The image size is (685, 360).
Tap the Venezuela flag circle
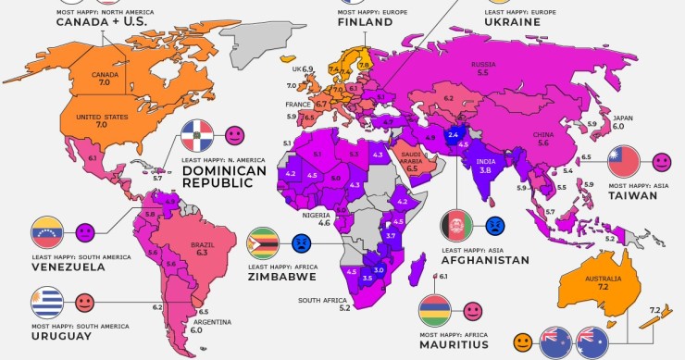(x=47, y=231)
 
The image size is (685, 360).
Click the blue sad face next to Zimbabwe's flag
(x=302, y=243)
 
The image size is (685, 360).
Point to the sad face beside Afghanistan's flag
(x=494, y=225)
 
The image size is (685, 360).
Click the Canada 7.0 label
(x=103, y=78)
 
